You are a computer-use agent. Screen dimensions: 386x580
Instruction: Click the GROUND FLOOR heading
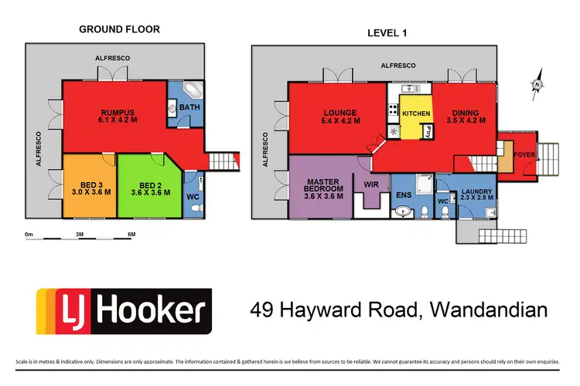click(119, 29)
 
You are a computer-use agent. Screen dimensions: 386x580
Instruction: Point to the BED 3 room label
click(87, 185)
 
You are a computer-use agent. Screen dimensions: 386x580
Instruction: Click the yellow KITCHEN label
click(415, 113)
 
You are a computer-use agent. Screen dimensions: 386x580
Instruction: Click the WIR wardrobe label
click(372, 185)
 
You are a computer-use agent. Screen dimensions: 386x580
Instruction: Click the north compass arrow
click(535, 87)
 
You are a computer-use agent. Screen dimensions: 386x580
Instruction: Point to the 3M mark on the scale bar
click(79, 234)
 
